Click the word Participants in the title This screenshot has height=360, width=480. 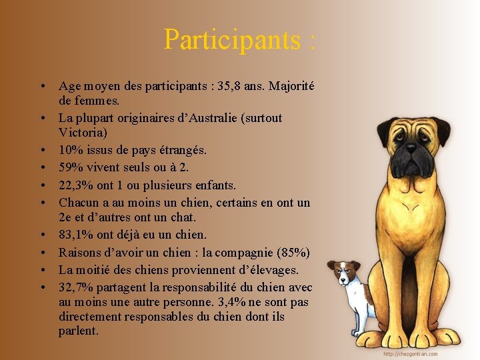pos(233,40)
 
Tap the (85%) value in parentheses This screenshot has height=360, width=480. pos(293,253)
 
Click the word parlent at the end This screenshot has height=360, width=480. pos(78,331)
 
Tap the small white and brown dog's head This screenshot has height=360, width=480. pos(343,271)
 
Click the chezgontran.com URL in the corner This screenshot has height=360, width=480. pos(411,354)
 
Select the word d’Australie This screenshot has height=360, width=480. pos(208,118)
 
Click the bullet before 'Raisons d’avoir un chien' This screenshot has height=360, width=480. pos(42,253)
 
